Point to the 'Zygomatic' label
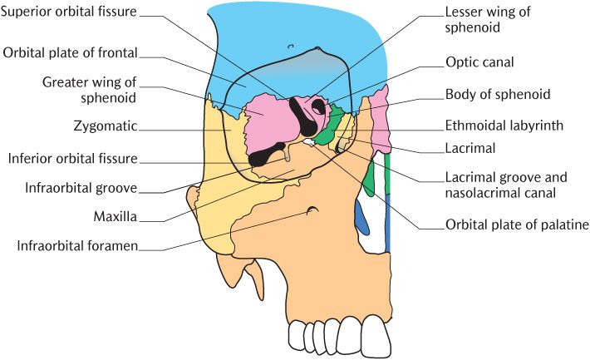(x=106, y=128)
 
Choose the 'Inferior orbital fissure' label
(x=72, y=159)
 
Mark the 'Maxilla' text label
(x=116, y=218)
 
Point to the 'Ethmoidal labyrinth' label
(x=504, y=126)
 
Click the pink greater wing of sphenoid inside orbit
(x=268, y=120)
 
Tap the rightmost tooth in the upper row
(x=378, y=338)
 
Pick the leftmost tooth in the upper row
(x=298, y=335)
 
